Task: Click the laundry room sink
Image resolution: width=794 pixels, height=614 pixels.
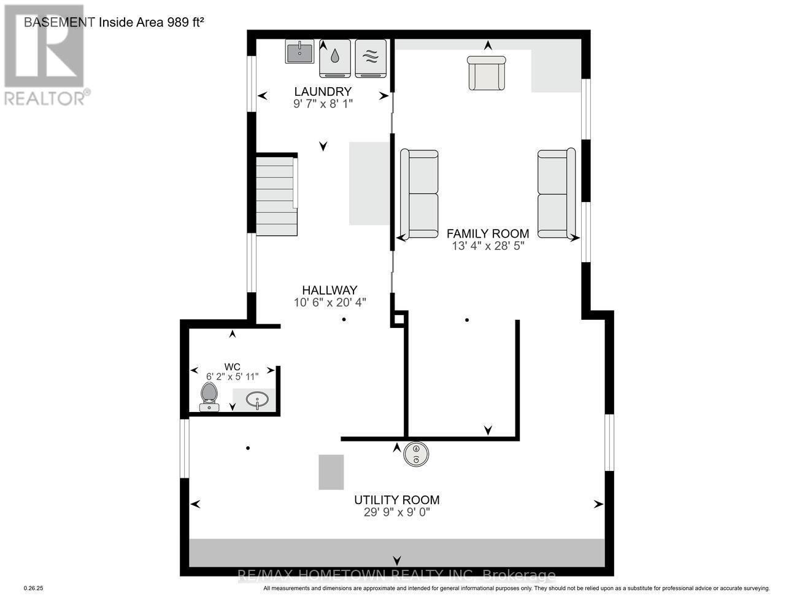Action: click(299, 52)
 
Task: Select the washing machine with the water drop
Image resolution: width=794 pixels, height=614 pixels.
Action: click(334, 58)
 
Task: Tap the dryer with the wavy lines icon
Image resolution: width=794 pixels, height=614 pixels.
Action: click(371, 58)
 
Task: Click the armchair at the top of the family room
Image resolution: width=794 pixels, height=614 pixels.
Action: click(487, 73)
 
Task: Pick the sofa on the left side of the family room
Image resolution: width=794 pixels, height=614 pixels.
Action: click(420, 193)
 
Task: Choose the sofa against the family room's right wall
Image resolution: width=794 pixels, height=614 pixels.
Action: click(556, 193)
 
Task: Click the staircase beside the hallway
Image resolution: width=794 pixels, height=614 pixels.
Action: click(276, 195)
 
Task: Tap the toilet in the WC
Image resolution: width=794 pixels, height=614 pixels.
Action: click(209, 397)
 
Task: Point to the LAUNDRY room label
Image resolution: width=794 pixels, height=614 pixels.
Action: click(323, 92)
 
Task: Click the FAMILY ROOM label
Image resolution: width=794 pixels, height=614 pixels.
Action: click(488, 233)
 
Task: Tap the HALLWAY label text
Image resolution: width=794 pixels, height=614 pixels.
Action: click(330, 290)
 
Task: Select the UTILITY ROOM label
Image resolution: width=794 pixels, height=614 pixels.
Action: click(397, 500)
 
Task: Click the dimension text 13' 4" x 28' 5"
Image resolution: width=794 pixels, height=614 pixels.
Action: click(488, 246)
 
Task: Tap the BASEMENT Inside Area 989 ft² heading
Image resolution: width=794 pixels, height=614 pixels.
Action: click(114, 22)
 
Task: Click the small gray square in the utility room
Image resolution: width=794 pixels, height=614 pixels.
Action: click(331, 472)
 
